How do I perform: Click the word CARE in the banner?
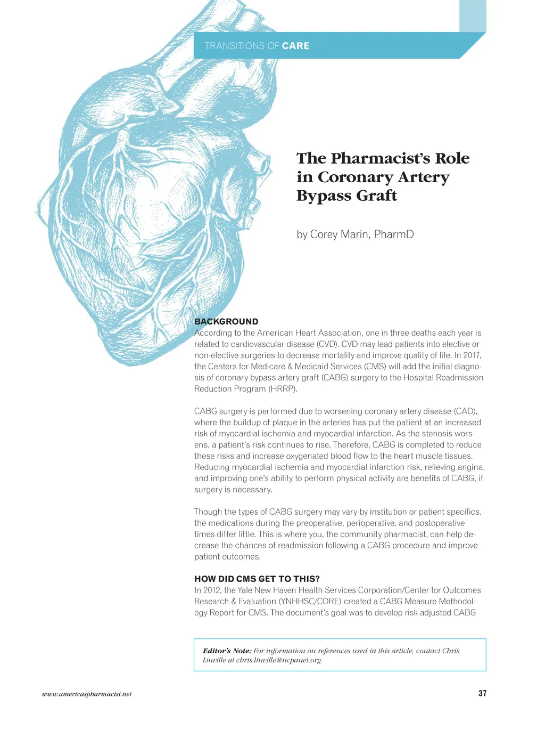pyautogui.click(x=295, y=46)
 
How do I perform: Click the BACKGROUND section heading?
pyautogui.click(x=226, y=321)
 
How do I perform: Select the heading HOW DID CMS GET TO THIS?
pyautogui.click(x=257, y=579)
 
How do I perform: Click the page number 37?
pyautogui.click(x=482, y=693)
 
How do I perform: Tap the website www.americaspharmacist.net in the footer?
pyautogui.click(x=87, y=694)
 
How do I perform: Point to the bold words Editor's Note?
pyautogui.click(x=227, y=651)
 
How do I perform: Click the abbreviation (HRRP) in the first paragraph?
pyautogui.click(x=283, y=389)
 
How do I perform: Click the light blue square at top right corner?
pyautogui.click(x=473, y=16)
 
